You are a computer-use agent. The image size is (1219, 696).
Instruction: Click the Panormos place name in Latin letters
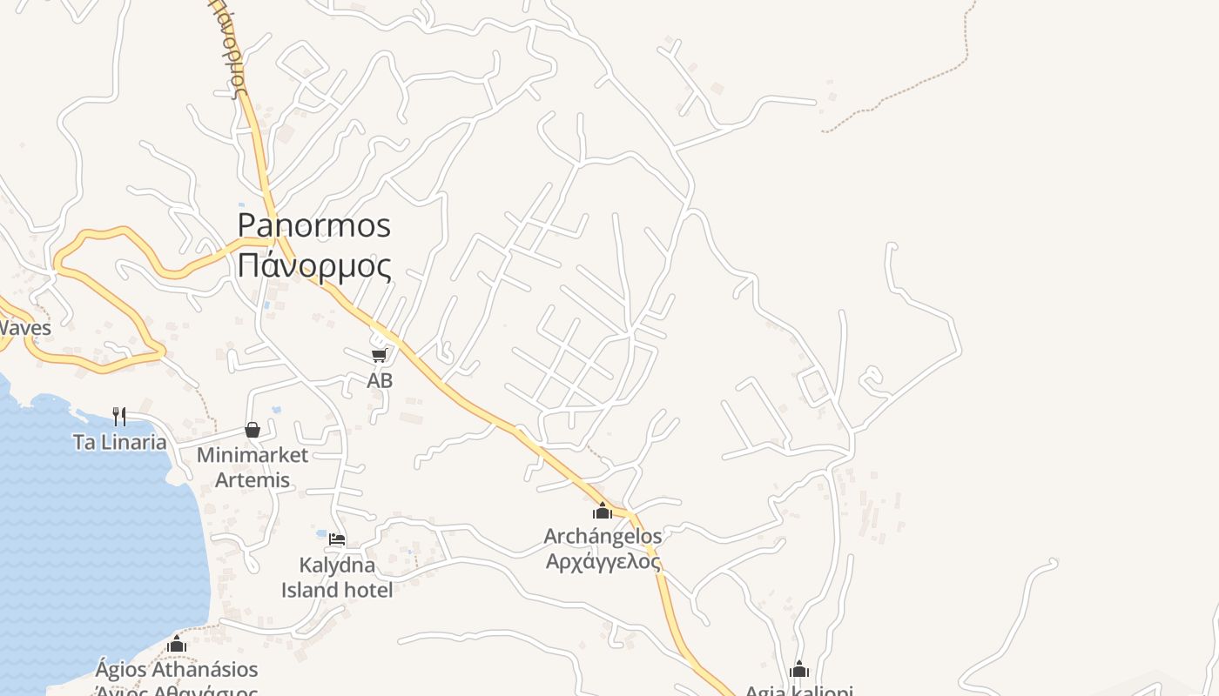point(314,226)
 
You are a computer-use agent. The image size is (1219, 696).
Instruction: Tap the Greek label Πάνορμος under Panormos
point(314,265)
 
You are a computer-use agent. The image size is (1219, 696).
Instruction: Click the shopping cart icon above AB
point(379,355)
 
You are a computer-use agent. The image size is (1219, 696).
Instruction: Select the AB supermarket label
point(380,380)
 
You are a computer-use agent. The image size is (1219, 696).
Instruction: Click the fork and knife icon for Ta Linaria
point(119,417)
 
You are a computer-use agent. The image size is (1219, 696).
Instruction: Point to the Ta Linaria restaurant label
point(120,442)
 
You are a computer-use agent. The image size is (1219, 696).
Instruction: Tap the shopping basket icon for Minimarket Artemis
point(253,430)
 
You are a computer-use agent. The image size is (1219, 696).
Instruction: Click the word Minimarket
point(253,455)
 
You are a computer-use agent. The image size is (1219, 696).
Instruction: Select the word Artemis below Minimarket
point(253,479)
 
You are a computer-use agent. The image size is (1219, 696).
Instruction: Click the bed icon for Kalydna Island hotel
point(337,539)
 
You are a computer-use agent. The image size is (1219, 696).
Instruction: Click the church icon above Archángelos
point(603,512)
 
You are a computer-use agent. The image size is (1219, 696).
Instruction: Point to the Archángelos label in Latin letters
point(603,536)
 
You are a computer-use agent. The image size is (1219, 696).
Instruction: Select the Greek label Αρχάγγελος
point(603,560)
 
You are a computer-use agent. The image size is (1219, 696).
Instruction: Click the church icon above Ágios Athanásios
point(177,645)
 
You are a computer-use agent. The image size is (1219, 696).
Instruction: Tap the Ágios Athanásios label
point(177,670)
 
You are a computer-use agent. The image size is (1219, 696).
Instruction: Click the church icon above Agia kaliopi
point(799,670)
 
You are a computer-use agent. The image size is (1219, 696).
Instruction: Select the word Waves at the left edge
point(24,328)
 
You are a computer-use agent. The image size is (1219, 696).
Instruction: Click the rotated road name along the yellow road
point(227,48)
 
